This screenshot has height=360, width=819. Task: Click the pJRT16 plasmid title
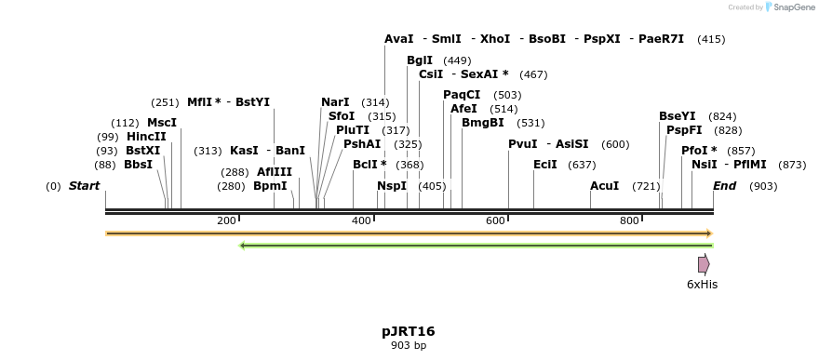click(408, 331)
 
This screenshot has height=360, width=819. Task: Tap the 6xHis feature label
click(702, 285)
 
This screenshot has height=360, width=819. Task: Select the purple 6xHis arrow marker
click(704, 264)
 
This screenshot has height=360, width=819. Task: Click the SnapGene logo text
click(789, 7)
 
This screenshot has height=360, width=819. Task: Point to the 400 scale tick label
click(361, 220)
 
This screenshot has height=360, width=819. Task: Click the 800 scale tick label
click(629, 220)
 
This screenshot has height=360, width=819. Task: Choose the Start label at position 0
click(84, 186)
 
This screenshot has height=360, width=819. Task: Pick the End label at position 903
click(724, 186)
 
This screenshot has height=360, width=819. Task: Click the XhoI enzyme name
click(495, 39)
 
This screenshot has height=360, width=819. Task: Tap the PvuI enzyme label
click(523, 144)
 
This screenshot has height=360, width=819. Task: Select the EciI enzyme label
click(545, 165)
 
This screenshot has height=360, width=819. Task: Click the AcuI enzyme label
click(605, 186)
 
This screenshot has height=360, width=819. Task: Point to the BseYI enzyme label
click(678, 116)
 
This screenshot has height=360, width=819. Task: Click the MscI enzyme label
click(162, 123)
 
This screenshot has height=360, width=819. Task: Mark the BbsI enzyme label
click(138, 165)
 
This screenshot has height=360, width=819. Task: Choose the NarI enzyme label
click(335, 102)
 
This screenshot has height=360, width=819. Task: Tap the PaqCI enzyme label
click(462, 95)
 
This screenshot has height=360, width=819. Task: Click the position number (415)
click(711, 39)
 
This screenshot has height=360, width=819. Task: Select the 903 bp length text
click(408, 346)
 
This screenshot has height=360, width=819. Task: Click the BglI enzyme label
click(420, 60)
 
